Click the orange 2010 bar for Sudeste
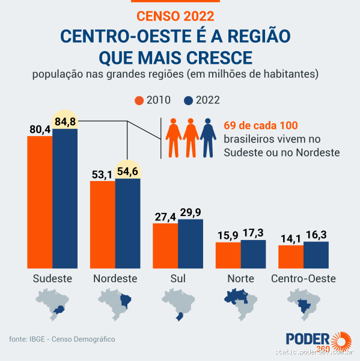(40, 202)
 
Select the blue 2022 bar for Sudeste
(65, 199)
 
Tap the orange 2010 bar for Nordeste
(102, 224)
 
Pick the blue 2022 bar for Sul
(191, 244)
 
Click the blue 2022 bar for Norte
(253, 255)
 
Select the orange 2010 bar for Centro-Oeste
(291, 257)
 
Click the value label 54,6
(127, 171)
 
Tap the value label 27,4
(165, 215)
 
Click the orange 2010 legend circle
(139, 100)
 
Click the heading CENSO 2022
(174, 14)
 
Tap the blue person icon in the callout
(208, 137)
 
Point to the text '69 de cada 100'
(261, 125)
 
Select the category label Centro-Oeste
(303, 279)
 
